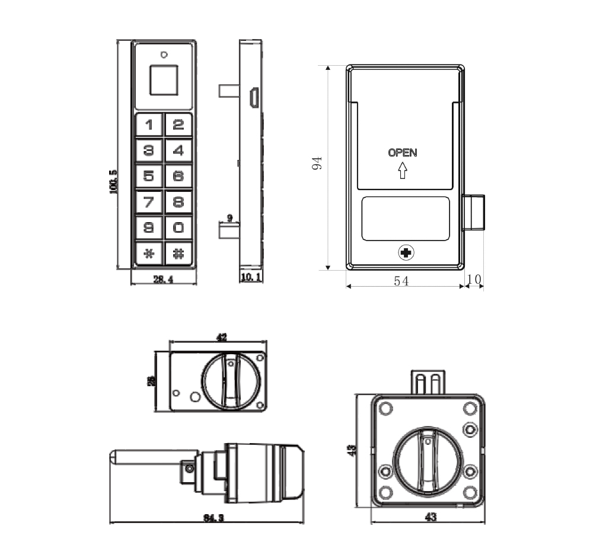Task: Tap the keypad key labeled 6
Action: (178, 176)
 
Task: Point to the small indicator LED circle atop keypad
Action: (163, 54)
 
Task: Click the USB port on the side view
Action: (253, 98)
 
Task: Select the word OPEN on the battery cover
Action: (403, 153)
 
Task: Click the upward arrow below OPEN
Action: (403, 171)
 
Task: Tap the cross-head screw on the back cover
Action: (406, 254)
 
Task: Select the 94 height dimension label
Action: (317, 164)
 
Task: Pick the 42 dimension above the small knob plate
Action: (221, 338)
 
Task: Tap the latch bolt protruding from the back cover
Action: (474, 213)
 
